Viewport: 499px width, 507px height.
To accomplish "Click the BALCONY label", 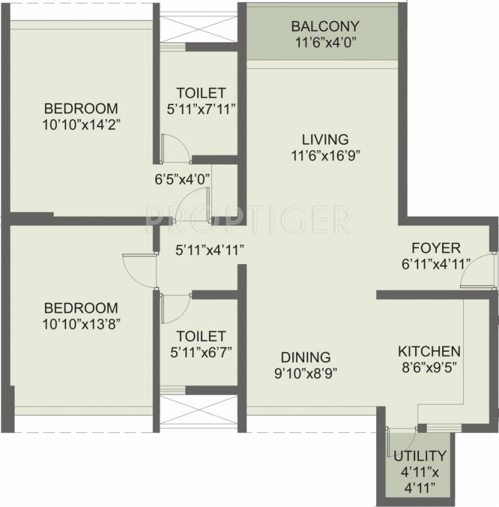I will tap(325, 27).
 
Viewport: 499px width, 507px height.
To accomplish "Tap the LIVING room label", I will tap(325, 140).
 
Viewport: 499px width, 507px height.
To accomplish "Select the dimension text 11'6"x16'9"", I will tap(325, 156).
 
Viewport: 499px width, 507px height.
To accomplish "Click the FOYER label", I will tap(436, 248).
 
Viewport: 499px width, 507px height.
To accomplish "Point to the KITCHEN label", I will tap(429, 351).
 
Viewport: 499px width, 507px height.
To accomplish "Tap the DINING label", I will tap(305, 357).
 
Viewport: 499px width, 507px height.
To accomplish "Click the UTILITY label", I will tap(420, 456).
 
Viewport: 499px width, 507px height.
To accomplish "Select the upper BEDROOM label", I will tap(81, 108).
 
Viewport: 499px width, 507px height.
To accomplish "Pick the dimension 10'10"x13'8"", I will tap(81, 323).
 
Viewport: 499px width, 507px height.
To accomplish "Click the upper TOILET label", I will tap(201, 93).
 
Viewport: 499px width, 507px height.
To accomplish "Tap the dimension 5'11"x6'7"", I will tap(201, 352).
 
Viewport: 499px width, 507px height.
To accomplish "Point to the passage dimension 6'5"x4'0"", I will tap(182, 178).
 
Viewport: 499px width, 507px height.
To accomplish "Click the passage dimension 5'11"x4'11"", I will tap(210, 250).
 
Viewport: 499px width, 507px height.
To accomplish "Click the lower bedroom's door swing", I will tap(139, 269).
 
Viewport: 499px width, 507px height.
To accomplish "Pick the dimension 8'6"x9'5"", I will tap(429, 367).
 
